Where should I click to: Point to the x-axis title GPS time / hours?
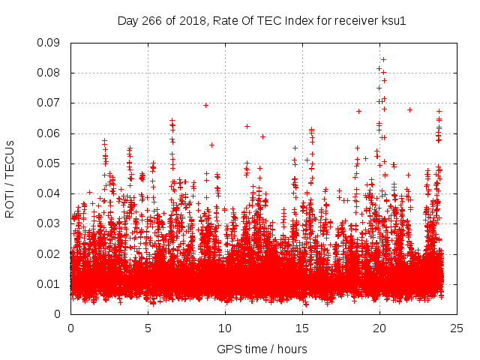tap(262, 349)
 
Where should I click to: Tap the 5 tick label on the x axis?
tap(148, 328)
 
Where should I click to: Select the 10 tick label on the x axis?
tap(225, 328)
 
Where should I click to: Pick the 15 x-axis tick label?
tap(302, 328)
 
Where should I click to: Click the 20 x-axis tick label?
tap(379, 328)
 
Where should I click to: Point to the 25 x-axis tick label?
tap(457, 328)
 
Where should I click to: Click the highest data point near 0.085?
tap(383, 59)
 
